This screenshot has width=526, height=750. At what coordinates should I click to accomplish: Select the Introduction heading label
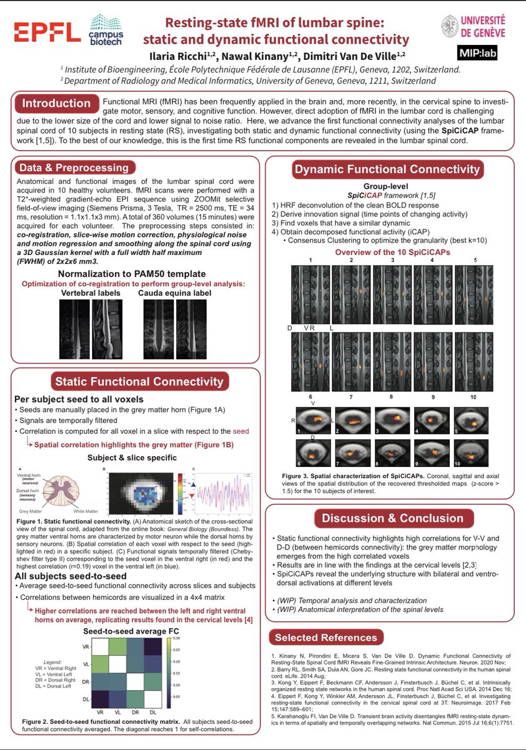[57, 103]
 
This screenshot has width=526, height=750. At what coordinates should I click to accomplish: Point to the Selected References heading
[324, 638]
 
